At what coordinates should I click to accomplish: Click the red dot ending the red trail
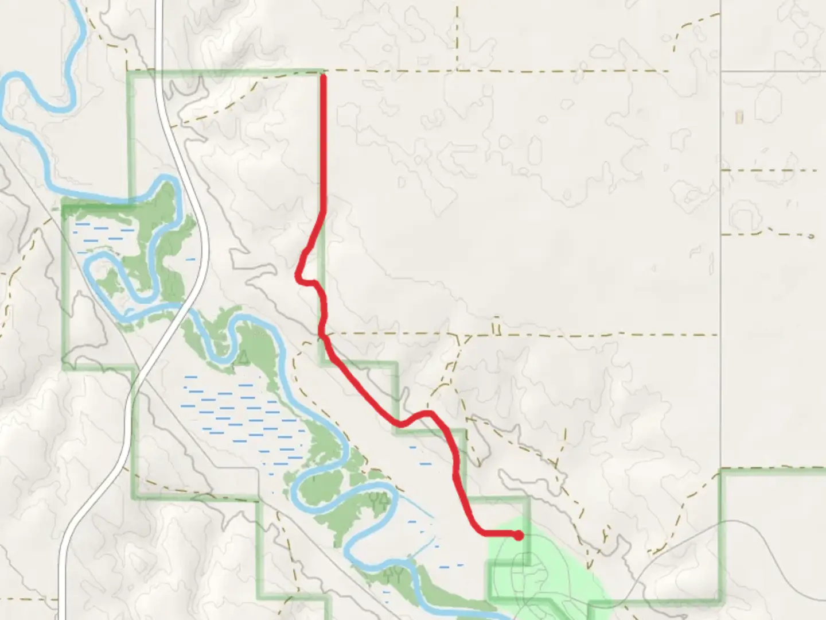[x=519, y=536]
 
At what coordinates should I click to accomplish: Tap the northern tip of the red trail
[x=324, y=76]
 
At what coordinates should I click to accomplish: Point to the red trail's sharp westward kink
[x=298, y=277]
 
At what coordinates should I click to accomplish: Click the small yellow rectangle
[x=739, y=117]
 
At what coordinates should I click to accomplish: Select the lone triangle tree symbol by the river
[x=243, y=359]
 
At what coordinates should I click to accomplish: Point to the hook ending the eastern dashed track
[x=811, y=235]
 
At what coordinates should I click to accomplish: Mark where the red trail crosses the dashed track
[x=323, y=333]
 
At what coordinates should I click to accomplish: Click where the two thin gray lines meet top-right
[x=720, y=71]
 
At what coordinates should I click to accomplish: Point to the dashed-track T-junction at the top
[x=458, y=71]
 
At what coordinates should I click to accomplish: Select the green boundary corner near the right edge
[x=722, y=472]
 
